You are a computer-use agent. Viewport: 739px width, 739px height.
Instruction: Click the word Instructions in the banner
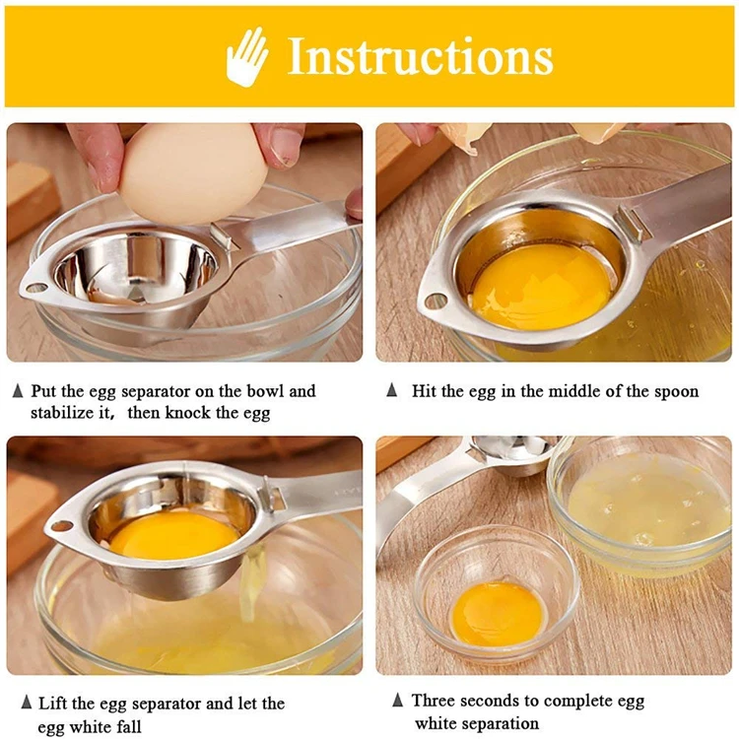(x=420, y=56)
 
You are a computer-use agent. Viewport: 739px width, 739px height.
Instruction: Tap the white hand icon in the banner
(x=247, y=57)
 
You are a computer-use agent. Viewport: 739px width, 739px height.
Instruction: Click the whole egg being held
(x=193, y=173)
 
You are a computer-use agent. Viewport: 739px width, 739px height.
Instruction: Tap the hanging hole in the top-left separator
(x=36, y=288)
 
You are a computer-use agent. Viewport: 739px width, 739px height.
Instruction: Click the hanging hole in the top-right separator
(x=436, y=301)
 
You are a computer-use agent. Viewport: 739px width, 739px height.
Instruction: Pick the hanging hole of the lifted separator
(x=62, y=526)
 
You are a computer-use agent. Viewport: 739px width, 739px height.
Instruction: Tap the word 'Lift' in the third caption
(x=53, y=704)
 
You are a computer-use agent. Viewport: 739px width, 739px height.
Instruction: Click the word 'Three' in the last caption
(x=433, y=701)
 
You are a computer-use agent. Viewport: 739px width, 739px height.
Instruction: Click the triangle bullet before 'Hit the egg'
(x=391, y=390)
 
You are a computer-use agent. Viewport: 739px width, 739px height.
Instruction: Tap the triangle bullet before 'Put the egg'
(x=18, y=391)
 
